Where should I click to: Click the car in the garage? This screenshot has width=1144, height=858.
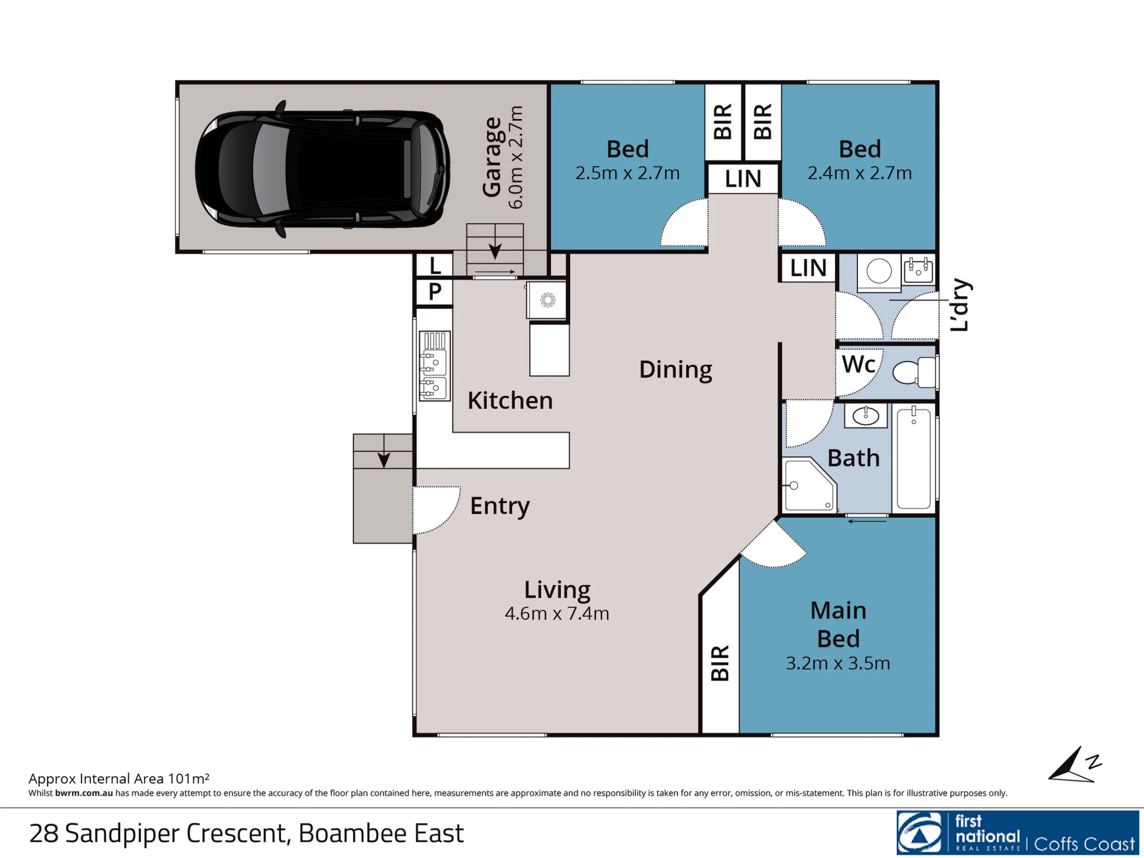click(322, 169)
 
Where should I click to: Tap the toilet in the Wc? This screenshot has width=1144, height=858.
click(914, 372)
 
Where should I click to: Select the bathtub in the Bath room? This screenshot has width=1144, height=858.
click(913, 458)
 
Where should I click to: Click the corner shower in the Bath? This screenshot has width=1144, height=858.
click(809, 484)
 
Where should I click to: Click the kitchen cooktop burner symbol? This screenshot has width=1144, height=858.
click(547, 300)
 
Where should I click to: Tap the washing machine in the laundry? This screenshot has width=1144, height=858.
click(879, 270)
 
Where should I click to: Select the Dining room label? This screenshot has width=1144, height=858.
click(676, 370)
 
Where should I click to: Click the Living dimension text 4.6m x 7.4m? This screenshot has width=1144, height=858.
click(557, 614)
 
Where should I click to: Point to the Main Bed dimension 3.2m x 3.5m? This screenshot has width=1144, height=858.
click(838, 664)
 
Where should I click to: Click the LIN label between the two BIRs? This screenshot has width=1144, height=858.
click(743, 179)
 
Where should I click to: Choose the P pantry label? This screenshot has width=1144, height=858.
click(435, 292)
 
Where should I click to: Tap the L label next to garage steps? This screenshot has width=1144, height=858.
click(435, 266)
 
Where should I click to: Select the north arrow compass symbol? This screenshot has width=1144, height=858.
click(1074, 765)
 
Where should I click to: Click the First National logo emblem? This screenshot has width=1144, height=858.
click(920, 833)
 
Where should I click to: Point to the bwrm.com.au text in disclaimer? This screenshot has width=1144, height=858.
click(84, 793)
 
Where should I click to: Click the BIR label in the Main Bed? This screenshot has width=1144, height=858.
click(720, 664)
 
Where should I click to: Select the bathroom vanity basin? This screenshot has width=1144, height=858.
click(865, 416)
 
